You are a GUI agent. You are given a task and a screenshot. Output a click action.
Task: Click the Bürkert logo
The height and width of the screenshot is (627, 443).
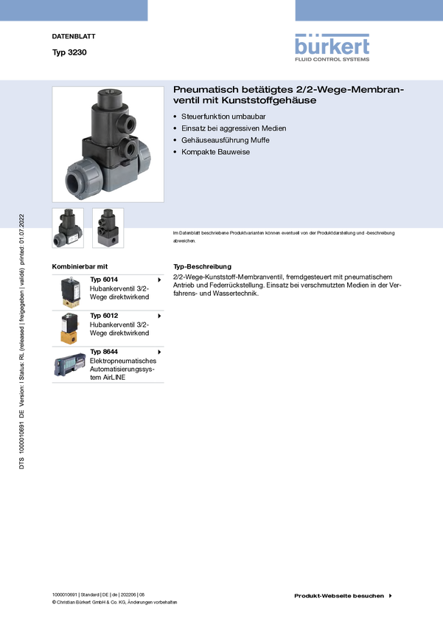(x=332, y=47)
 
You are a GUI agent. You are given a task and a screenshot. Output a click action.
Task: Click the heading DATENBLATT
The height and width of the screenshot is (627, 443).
(x=74, y=36)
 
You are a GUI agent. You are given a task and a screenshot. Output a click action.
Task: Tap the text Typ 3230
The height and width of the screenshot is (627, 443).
(x=69, y=52)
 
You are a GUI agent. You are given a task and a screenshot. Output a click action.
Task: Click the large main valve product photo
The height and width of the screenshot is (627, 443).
(x=108, y=145)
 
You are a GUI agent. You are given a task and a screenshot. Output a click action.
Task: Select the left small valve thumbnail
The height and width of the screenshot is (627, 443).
(x=68, y=228)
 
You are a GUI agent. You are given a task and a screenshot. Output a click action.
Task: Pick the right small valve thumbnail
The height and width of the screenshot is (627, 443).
(x=108, y=228)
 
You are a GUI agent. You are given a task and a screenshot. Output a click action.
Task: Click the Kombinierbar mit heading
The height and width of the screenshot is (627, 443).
(x=80, y=266)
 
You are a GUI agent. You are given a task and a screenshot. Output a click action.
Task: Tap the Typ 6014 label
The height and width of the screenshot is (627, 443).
(x=104, y=280)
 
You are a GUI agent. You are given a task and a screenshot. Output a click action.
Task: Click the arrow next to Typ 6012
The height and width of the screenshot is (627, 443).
(x=159, y=316)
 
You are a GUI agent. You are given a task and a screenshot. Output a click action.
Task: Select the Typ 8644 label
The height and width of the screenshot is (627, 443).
(x=104, y=352)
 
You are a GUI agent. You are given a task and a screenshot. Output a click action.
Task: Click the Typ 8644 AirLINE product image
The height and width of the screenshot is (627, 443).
(x=70, y=364)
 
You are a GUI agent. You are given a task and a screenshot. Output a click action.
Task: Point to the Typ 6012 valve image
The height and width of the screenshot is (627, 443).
(x=70, y=329)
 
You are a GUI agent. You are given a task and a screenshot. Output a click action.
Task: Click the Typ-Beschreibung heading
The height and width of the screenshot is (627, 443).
(x=202, y=266)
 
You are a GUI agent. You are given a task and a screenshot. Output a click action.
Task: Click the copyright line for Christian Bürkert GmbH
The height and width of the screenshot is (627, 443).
(x=115, y=602)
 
